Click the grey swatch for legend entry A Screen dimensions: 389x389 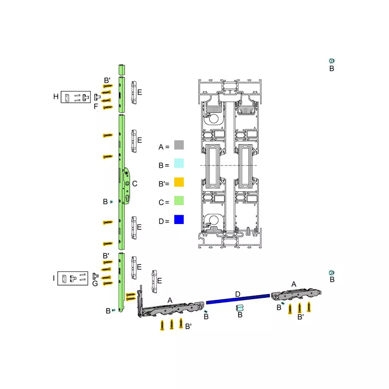tap(179, 145)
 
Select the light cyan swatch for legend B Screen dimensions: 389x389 tap(179, 163)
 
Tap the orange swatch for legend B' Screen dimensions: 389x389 tap(179, 182)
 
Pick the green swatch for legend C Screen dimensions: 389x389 tap(179, 201)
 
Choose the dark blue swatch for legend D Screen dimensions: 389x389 tap(179, 220)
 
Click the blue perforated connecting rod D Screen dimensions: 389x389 tap(238, 299)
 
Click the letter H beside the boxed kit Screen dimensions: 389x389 tap(56, 97)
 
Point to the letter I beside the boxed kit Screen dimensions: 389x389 tap(54, 278)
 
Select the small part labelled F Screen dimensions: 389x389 tap(97, 97)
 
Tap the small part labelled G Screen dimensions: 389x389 tap(95, 276)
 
